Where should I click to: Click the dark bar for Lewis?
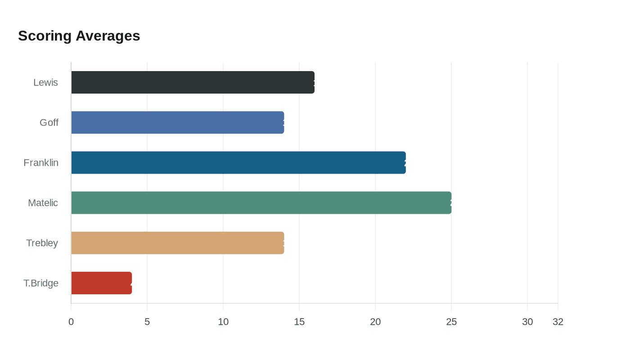pos(193,82)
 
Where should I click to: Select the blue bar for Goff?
pos(177,122)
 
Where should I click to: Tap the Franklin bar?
pos(238,162)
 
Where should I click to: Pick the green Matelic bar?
pos(261,202)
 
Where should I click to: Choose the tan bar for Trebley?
pos(177,243)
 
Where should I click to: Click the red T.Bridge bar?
pos(101,283)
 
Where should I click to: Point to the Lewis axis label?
pos(45,83)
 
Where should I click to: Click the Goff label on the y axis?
pos(49,123)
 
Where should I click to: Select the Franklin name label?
pos(41,163)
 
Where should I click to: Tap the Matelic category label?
pos(43,203)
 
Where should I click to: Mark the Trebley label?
pos(42,243)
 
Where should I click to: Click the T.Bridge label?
pos(41,283)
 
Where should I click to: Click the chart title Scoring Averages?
pos(79,36)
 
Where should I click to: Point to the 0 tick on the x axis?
pos(71,322)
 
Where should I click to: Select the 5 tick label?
pos(147,322)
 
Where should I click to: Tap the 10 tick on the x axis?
pos(223,322)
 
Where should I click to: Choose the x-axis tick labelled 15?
pos(299,322)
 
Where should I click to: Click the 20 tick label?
pos(375,322)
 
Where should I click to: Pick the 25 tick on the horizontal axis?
pos(451,322)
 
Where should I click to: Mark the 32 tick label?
pos(558,322)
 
